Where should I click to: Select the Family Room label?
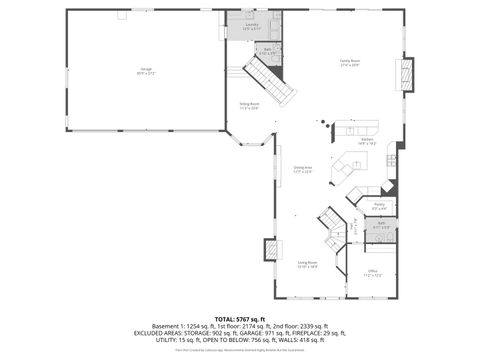349,62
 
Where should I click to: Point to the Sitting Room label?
249,106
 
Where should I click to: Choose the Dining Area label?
302,169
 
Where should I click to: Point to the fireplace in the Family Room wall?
405,74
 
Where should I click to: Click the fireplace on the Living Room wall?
271,250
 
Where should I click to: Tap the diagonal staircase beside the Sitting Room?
271,79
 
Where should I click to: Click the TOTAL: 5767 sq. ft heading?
239,318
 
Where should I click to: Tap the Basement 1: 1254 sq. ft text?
176,326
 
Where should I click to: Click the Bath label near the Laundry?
268,50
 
